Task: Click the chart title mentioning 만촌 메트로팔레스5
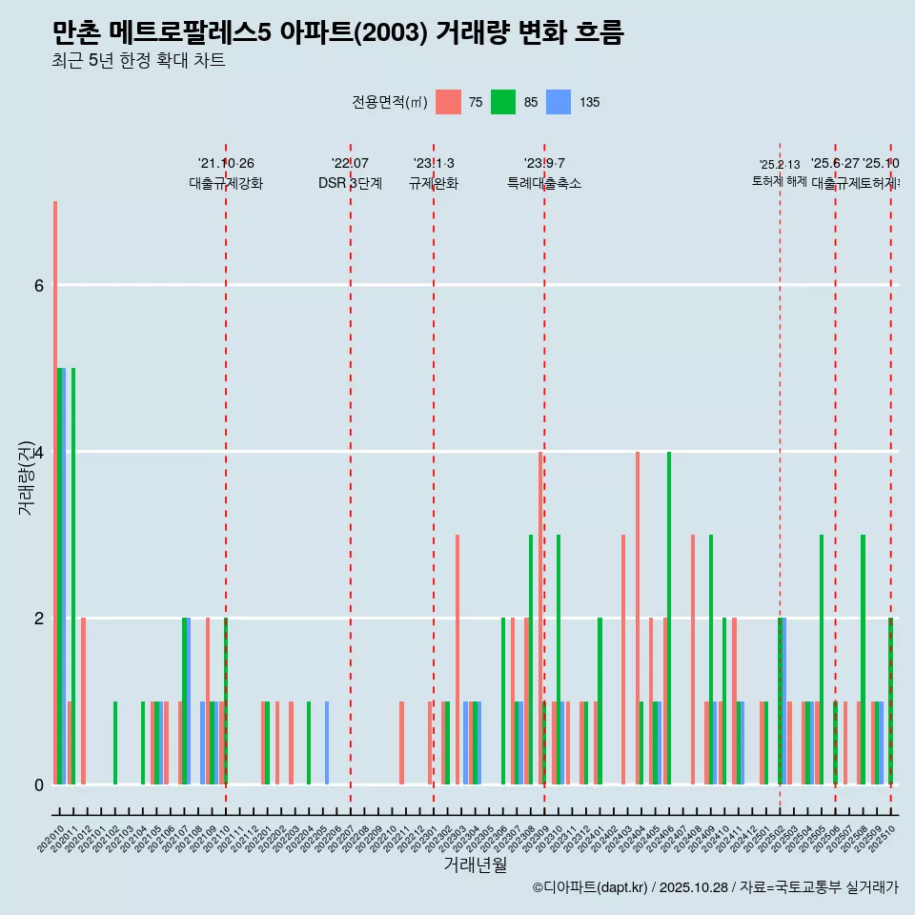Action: point(338,33)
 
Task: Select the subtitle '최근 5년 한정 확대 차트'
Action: point(139,62)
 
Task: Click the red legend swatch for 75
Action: point(448,102)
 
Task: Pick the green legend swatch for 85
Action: point(503,102)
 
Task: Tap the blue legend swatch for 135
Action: point(559,102)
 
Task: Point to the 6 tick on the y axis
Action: point(38,285)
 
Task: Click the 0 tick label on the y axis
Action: point(38,784)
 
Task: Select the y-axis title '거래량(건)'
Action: point(26,477)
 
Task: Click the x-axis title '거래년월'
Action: point(475,864)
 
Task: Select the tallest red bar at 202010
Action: point(55,493)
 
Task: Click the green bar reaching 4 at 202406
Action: point(669,618)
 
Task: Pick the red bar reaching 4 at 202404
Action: point(638,618)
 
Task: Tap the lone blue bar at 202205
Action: point(327,743)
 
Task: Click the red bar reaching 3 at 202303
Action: point(457,660)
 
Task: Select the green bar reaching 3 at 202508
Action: point(863,660)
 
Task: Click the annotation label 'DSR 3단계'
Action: point(350,183)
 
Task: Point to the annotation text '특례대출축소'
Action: point(543,183)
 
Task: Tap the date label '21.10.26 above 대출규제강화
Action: point(226,164)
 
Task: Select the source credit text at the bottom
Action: point(715,887)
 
